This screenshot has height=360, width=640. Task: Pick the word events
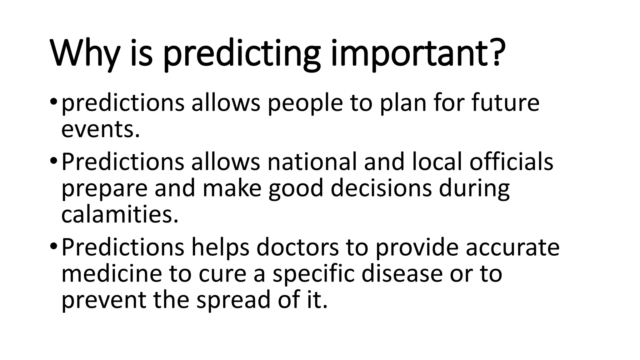click(x=100, y=130)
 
